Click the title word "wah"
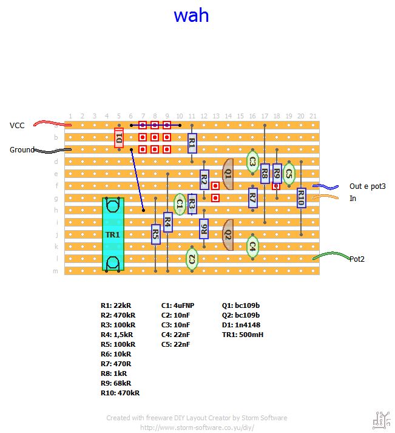(x=191, y=15)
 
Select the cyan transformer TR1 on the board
(x=113, y=234)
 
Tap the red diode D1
(x=119, y=138)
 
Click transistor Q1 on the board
(x=228, y=174)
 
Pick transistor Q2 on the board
(x=228, y=234)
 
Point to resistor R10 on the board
(x=301, y=197)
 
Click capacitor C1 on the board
(x=180, y=205)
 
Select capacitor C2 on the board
(x=192, y=259)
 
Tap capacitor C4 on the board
(x=252, y=246)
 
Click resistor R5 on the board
(x=155, y=234)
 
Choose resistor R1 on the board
(x=192, y=144)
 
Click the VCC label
(x=17, y=125)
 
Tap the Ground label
(x=21, y=149)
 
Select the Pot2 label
(x=359, y=259)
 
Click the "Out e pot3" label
(x=368, y=186)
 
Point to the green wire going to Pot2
(x=328, y=256)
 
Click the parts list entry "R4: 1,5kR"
(x=118, y=335)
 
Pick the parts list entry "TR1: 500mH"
(x=243, y=335)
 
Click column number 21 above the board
(x=313, y=116)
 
